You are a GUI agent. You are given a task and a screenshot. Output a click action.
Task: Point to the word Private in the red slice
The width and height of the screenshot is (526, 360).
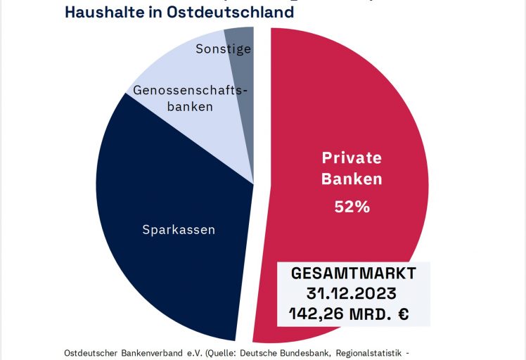352,157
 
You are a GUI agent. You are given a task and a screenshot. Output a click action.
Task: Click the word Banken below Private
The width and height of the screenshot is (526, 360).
352,179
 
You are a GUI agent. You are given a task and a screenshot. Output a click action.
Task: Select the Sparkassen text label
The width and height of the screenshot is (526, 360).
179,230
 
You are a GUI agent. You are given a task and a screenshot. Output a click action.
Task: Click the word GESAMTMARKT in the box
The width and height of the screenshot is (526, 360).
354,273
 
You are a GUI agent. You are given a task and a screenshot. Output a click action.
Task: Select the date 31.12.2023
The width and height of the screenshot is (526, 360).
354,292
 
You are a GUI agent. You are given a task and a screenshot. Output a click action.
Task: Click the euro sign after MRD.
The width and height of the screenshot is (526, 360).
403,312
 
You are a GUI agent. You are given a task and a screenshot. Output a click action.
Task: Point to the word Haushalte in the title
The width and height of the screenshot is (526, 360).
99,13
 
